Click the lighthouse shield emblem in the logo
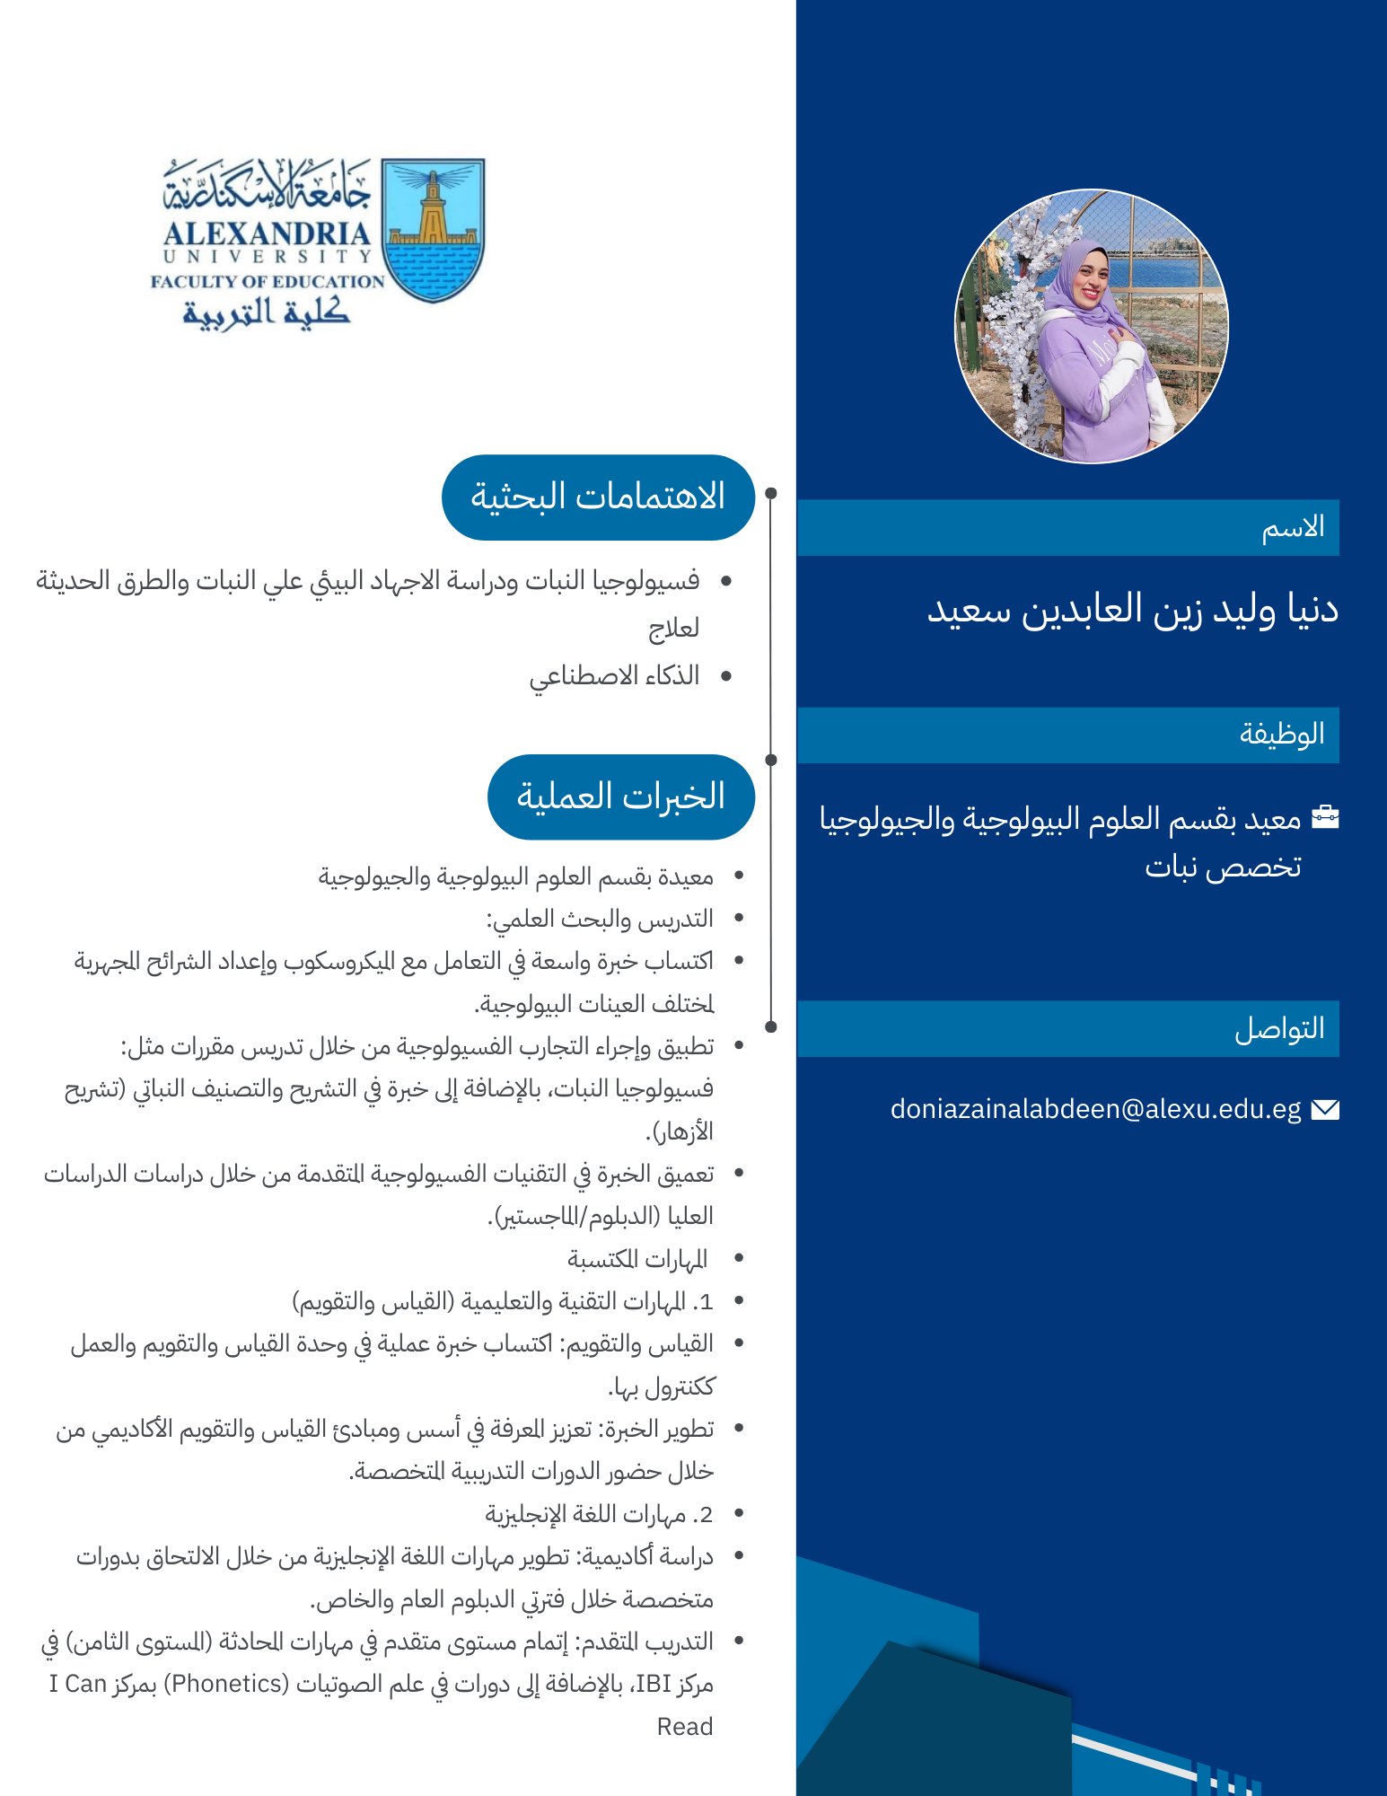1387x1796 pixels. pos(433,230)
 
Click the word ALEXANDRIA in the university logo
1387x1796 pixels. pos(267,233)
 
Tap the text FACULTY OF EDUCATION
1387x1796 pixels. pos(268,281)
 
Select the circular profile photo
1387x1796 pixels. pos(1091,326)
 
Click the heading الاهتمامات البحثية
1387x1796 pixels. pos(598,497)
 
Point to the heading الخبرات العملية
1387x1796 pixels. pos(620,797)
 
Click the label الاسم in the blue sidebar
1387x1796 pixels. pos(1293,527)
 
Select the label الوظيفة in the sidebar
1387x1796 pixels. pos(1282,734)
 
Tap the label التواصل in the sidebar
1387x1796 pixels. pos(1279,1028)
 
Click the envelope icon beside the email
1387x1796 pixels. pos(1325,1110)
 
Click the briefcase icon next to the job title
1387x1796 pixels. pos(1325,817)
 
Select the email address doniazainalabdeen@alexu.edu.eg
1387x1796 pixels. pos(1095,1109)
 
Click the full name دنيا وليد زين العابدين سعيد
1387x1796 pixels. pos(1132,609)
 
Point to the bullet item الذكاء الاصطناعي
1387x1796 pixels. pos(614,675)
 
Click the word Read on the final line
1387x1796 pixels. pos(684,1726)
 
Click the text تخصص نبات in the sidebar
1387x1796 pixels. pos(1222,867)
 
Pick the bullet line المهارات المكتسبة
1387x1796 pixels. pos(637,1259)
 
